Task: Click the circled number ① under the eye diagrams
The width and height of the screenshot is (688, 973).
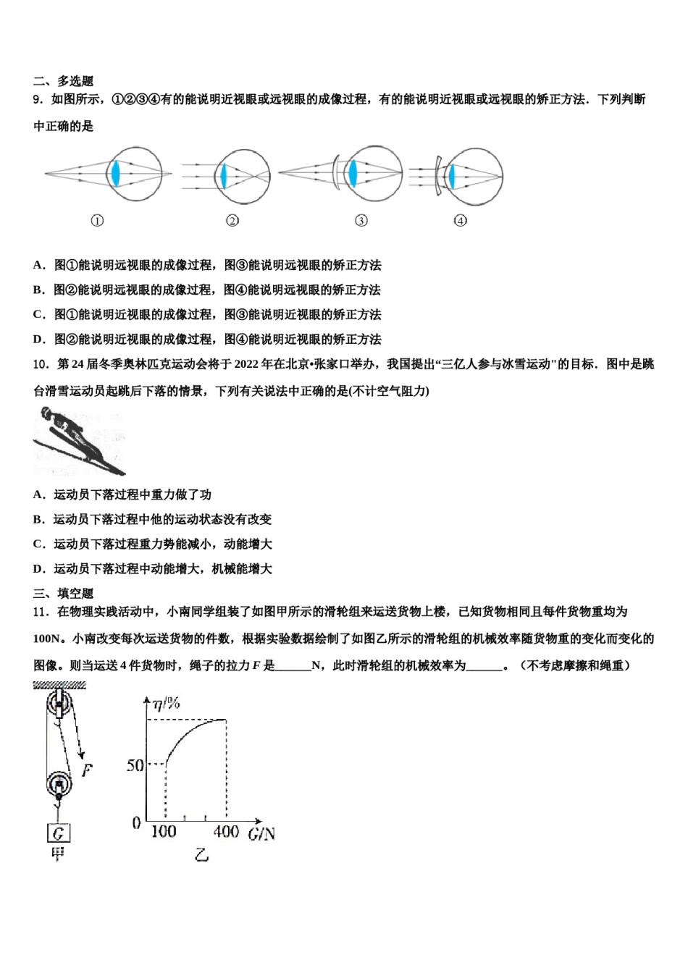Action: click(x=97, y=220)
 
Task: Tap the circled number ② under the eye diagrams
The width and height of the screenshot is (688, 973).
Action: click(x=232, y=220)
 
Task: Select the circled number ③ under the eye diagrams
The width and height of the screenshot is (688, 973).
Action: click(x=361, y=220)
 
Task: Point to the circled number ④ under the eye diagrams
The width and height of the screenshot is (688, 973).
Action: click(x=460, y=220)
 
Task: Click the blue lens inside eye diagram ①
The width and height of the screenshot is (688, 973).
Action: click(x=114, y=174)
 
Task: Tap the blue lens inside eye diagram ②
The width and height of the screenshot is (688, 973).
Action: click(x=224, y=175)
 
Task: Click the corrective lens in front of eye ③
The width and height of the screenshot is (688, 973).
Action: click(x=337, y=174)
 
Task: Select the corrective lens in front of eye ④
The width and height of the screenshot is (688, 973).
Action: click(x=437, y=176)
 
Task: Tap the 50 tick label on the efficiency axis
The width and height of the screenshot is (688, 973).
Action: click(x=135, y=765)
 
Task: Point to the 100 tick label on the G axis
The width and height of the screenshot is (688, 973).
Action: click(x=164, y=832)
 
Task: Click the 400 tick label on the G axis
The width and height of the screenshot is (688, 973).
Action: click(x=226, y=832)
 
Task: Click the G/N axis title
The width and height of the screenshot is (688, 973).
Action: click(x=261, y=834)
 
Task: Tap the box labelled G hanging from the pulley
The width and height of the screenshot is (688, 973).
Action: click(x=58, y=833)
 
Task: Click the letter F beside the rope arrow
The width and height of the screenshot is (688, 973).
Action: click(x=87, y=770)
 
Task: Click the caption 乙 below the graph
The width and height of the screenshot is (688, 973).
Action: click(x=201, y=855)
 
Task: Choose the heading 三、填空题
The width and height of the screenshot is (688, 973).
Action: click(x=64, y=593)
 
